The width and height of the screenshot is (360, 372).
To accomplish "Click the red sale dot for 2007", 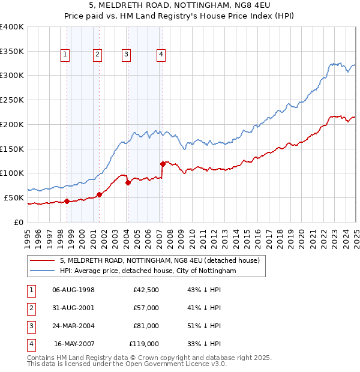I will click(x=163, y=163).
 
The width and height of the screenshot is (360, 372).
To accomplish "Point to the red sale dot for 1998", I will click(x=67, y=201).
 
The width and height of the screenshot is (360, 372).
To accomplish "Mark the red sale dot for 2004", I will click(x=128, y=182).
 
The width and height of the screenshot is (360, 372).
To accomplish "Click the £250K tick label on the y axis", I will click(x=11, y=100).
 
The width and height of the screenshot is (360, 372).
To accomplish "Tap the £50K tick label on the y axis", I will click(x=14, y=197).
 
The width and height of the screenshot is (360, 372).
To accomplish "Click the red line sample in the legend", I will click(x=43, y=261).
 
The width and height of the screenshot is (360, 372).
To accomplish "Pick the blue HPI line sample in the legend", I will click(x=43, y=271).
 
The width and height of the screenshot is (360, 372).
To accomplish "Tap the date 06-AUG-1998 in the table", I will click(x=74, y=290).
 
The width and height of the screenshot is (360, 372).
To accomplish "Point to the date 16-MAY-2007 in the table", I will click(x=74, y=344).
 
